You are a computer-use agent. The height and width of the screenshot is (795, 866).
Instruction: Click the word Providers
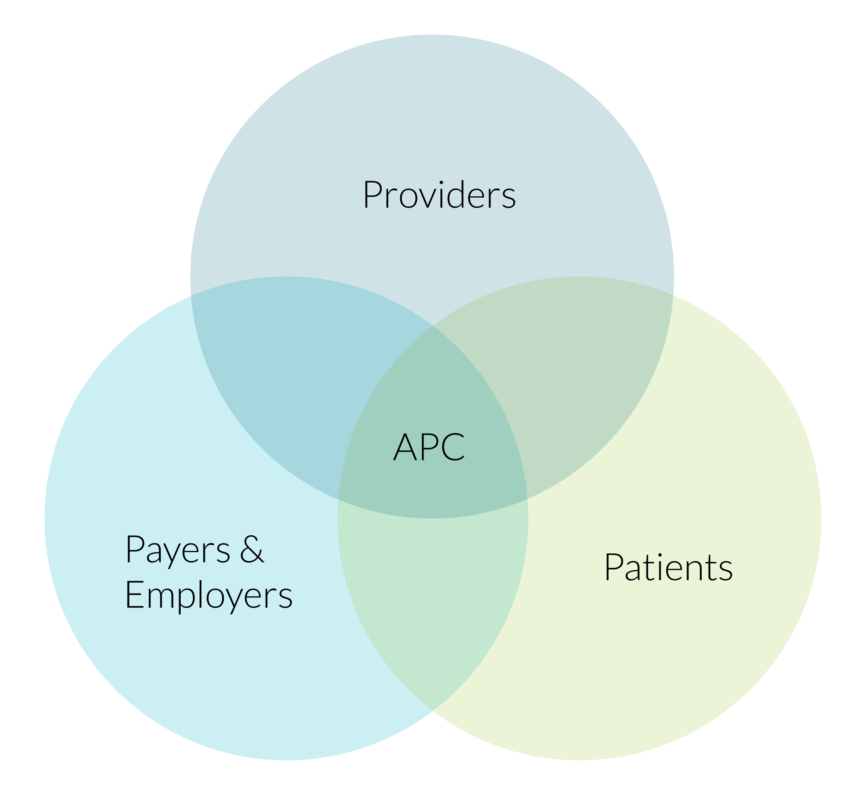tap(439, 195)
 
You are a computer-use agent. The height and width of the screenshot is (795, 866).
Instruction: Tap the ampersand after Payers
tap(251, 549)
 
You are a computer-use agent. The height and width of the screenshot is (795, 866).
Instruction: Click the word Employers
tap(209, 596)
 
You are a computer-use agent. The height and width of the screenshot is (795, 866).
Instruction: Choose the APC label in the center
tap(429, 447)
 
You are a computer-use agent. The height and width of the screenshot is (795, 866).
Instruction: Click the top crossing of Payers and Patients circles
tap(433, 326)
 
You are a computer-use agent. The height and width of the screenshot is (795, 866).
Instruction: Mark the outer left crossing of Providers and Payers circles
tap(191, 296)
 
